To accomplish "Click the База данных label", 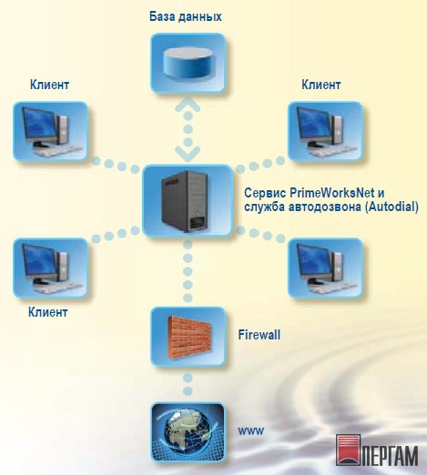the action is tap(186, 16).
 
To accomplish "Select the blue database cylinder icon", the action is tap(188, 63).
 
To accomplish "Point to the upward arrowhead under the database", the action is tap(188, 104).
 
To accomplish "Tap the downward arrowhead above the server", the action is tap(188, 154).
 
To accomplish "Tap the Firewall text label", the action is tap(259, 335).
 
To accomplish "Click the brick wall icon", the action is tap(188, 337).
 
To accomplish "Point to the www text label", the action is tap(251, 430).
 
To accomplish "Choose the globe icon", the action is tap(188, 432).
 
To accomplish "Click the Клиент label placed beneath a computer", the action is tap(47, 312).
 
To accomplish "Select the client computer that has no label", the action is tap(325, 268).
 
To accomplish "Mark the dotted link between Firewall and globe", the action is tap(188, 384).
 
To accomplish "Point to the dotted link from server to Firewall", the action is tap(188, 271).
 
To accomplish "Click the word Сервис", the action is tap(265, 193).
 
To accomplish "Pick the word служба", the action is tap(264, 207).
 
